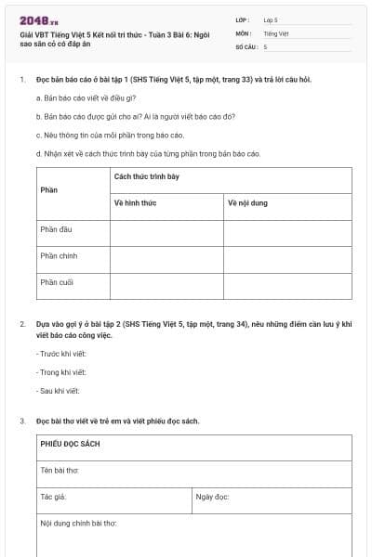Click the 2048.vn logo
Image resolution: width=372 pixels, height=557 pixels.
[39, 19]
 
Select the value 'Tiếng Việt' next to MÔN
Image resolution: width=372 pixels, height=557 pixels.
[276, 32]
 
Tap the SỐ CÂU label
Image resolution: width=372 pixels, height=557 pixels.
[246, 46]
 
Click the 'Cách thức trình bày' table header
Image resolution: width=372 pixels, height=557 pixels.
[147, 176]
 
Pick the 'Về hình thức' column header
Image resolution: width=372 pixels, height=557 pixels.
[135, 202]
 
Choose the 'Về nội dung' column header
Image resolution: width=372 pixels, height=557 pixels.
[247, 202]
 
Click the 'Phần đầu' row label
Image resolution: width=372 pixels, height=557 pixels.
[58, 229]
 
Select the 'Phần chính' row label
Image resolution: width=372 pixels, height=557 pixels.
[60, 255]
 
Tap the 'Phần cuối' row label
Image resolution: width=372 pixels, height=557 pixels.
[58, 281]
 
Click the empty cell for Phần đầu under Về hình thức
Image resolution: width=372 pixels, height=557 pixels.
[166, 232]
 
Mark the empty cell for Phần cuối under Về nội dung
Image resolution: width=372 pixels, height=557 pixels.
[286, 285]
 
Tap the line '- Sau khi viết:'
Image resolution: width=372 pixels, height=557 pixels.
[58, 391]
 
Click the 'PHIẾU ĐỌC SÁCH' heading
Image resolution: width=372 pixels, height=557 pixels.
[71, 444]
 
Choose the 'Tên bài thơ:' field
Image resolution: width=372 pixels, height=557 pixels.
[60, 471]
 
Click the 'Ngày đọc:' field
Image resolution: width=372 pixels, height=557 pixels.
[213, 497]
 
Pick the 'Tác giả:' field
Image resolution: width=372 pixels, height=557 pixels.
[54, 497]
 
